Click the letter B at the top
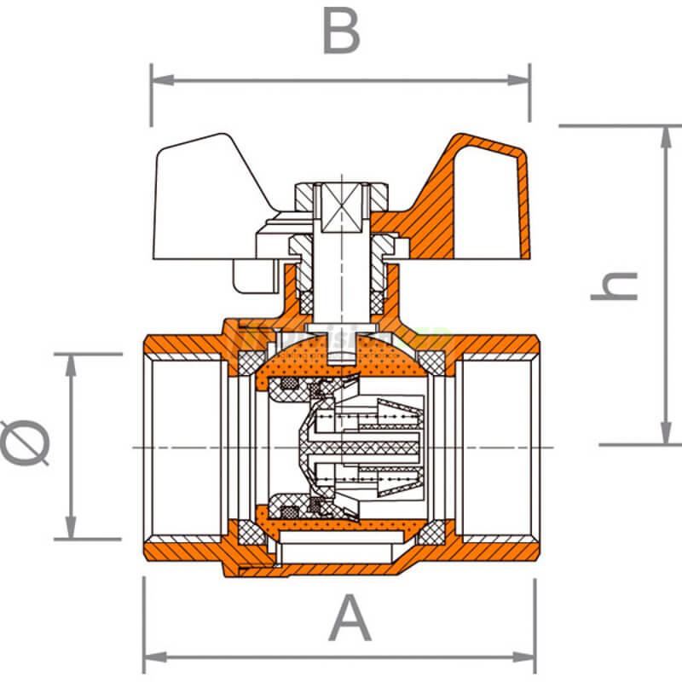(340, 33)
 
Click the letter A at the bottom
(350, 620)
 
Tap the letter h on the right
(615, 286)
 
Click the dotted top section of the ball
(341, 362)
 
